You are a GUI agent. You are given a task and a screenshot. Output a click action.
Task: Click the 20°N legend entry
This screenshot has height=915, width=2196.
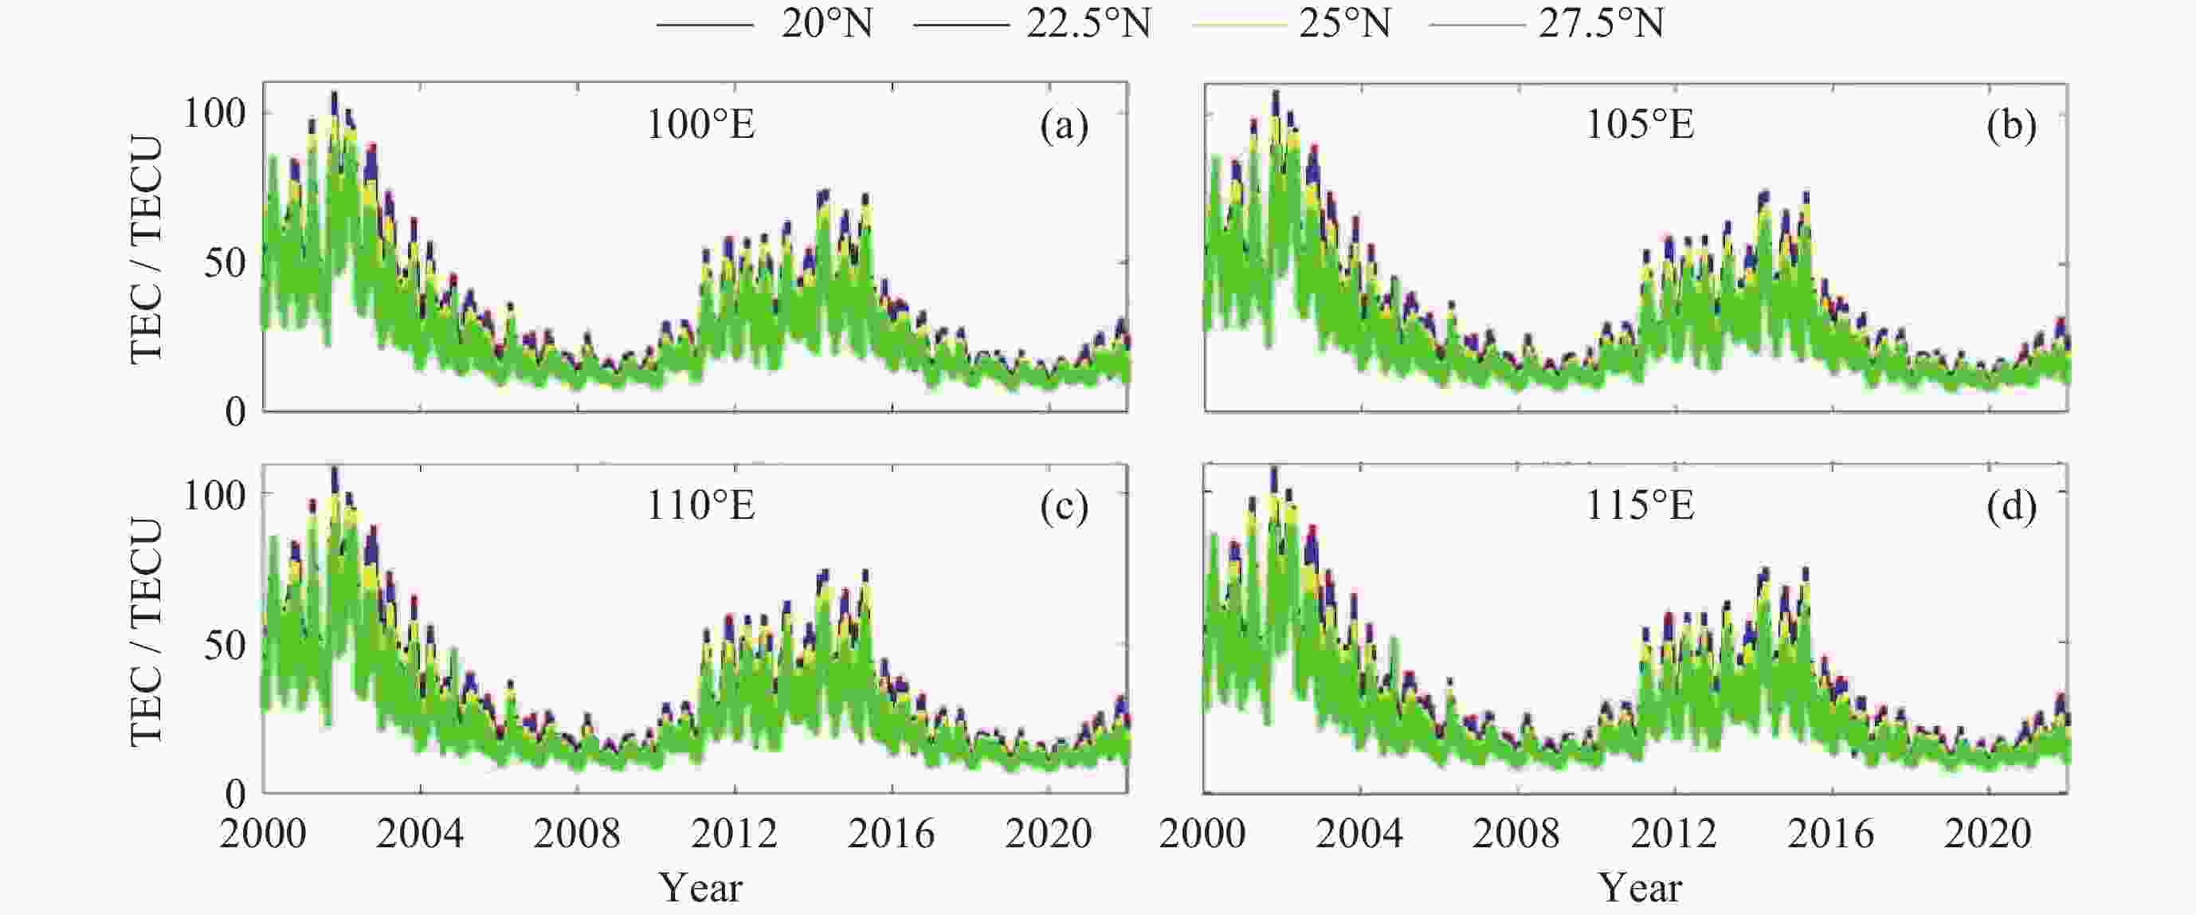827,24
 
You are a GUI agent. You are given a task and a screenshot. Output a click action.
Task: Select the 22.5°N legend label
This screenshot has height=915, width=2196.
1088,24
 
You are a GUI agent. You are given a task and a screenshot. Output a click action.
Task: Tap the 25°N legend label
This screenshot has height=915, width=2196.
1344,24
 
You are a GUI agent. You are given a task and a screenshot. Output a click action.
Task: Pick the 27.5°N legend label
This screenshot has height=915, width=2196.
1601,24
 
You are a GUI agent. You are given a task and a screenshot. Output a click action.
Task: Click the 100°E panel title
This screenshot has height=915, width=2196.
700,125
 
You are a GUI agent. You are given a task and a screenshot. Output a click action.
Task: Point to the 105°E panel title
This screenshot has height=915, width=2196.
1639,125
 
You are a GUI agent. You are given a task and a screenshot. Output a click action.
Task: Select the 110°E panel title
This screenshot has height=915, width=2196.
700,507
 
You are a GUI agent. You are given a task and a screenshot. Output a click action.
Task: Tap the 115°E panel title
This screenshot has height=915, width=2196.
1639,507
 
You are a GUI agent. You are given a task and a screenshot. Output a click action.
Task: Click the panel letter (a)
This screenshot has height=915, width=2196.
1064,126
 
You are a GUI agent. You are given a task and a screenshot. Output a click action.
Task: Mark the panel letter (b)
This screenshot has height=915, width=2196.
2011,126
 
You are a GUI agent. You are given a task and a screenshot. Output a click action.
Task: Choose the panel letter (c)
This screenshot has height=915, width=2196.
1064,508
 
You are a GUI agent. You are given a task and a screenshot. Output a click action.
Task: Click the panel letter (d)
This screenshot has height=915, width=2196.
2011,508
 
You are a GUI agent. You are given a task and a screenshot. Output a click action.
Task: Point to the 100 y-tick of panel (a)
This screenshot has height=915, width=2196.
215,113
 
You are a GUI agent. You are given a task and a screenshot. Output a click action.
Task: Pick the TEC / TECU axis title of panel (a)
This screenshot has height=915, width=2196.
147,249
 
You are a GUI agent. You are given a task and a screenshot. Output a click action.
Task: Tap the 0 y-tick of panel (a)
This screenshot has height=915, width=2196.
235,413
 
